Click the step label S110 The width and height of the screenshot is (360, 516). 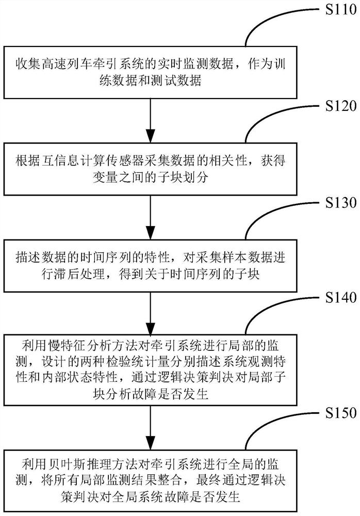[334, 9]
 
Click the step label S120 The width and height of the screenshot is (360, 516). [334, 106]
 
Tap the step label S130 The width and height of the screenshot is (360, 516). [334, 202]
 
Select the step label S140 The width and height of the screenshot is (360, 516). [334, 298]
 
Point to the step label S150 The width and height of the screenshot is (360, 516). [334, 413]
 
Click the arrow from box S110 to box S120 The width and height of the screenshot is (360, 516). [150, 118]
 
